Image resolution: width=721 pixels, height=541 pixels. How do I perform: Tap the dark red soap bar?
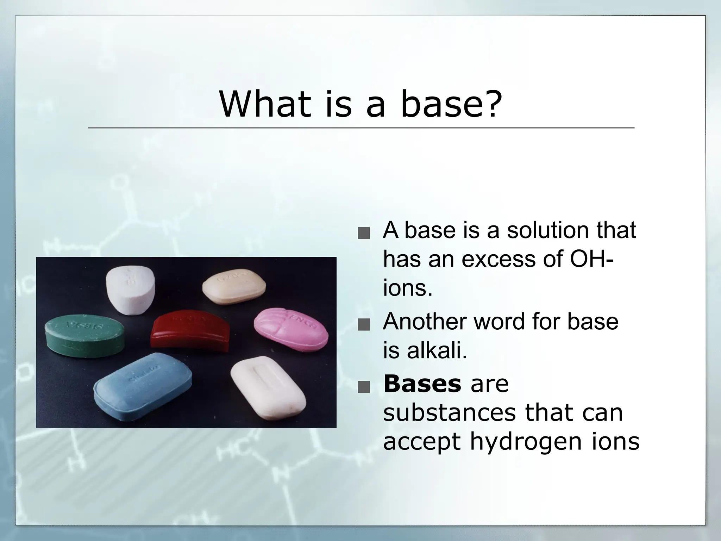tap(190, 329)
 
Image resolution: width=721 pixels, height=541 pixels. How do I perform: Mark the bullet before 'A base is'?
tap(363, 234)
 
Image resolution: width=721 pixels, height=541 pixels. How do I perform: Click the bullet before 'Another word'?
tap(363, 325)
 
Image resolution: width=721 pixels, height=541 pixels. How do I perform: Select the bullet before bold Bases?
tap(363, 387)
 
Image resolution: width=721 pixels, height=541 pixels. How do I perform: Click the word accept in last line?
tap(422, 441)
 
